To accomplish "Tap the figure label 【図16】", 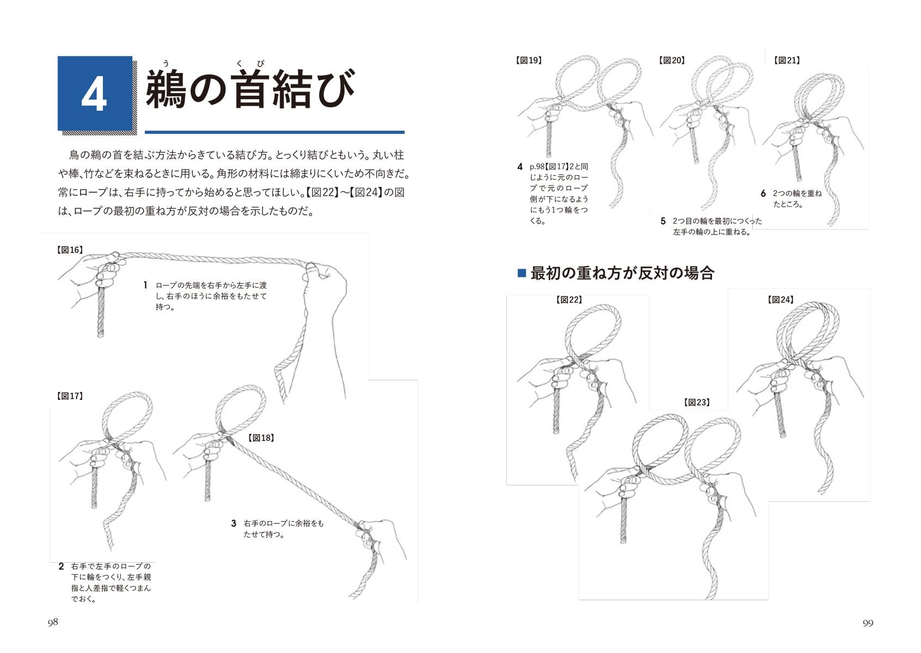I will point(70,250).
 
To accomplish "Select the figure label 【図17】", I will point(70,396).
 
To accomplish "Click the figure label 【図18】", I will point(261,438).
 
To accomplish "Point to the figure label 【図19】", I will point(529,60).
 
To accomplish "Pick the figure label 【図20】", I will point(672,60).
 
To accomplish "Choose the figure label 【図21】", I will point(787,60).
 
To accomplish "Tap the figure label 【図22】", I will point(569,300).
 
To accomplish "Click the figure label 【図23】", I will point(697,403).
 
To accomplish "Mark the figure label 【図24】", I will point(781,300).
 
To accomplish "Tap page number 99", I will point(868,623).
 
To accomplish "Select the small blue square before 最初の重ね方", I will point(521,273).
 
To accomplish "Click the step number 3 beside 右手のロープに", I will point(234,523).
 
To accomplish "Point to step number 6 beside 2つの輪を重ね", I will point(763,194).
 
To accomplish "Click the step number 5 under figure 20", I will point(662,221).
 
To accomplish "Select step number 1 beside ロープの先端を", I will point(145,285).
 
